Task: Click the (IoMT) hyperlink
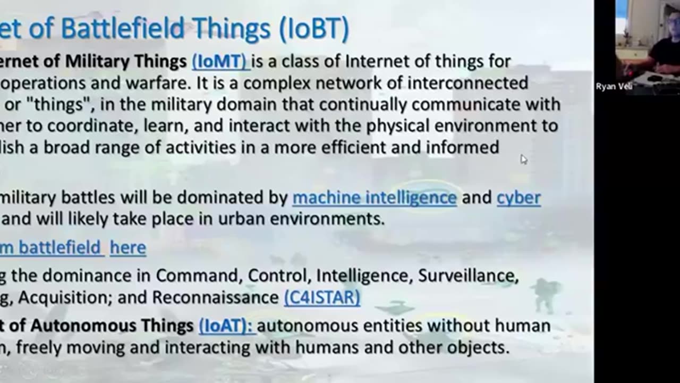[x=219, y=62]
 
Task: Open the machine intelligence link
[x=375, y=198]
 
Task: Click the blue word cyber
[x=518, y=198]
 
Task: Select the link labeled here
[x=128, y=247]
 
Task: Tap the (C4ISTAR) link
[x=322, y=297]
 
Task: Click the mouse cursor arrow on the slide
[x=523, y=159]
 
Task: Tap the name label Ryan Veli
[x=614, y=87]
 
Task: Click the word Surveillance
[x=467, y=276]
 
